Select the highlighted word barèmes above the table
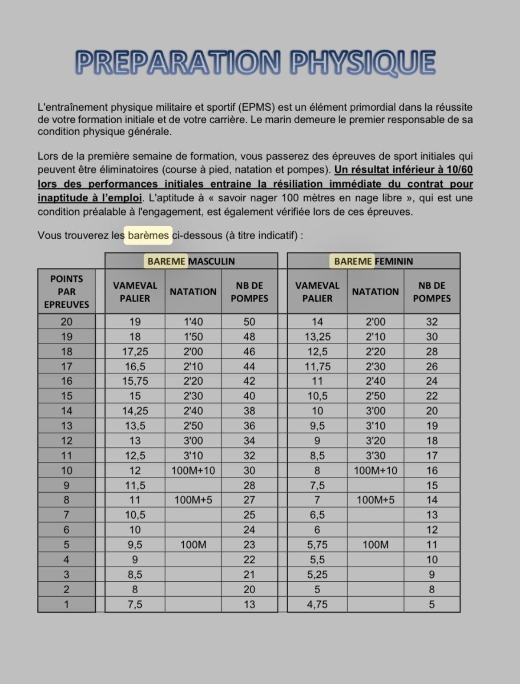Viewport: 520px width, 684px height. [x=148, y=235]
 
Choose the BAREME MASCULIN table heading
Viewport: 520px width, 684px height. [x=191, y=261]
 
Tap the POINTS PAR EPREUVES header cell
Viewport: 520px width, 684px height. [x=67, y=292]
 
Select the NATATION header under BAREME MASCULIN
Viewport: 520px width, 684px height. [x=193, y=292]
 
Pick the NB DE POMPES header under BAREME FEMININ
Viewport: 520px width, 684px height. [x=431, y=292]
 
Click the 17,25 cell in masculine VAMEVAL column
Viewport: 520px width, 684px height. [x=135, y=352]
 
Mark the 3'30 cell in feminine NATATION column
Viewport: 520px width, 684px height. [x=375, y=455]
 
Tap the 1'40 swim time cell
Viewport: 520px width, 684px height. [x=193, y=322]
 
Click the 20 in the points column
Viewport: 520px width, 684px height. [x=67, y=322]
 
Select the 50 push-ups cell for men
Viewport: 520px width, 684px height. [x=249, y=322]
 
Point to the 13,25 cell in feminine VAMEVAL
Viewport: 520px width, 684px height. [x=317, y=337]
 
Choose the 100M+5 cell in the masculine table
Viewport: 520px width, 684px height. [x=193, y=500]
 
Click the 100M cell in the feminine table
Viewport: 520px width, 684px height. [x=375, y=545]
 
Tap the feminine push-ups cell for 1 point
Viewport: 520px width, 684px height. [x=431, y=604]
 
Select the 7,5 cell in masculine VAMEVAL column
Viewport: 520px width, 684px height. [x=135, y=604]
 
